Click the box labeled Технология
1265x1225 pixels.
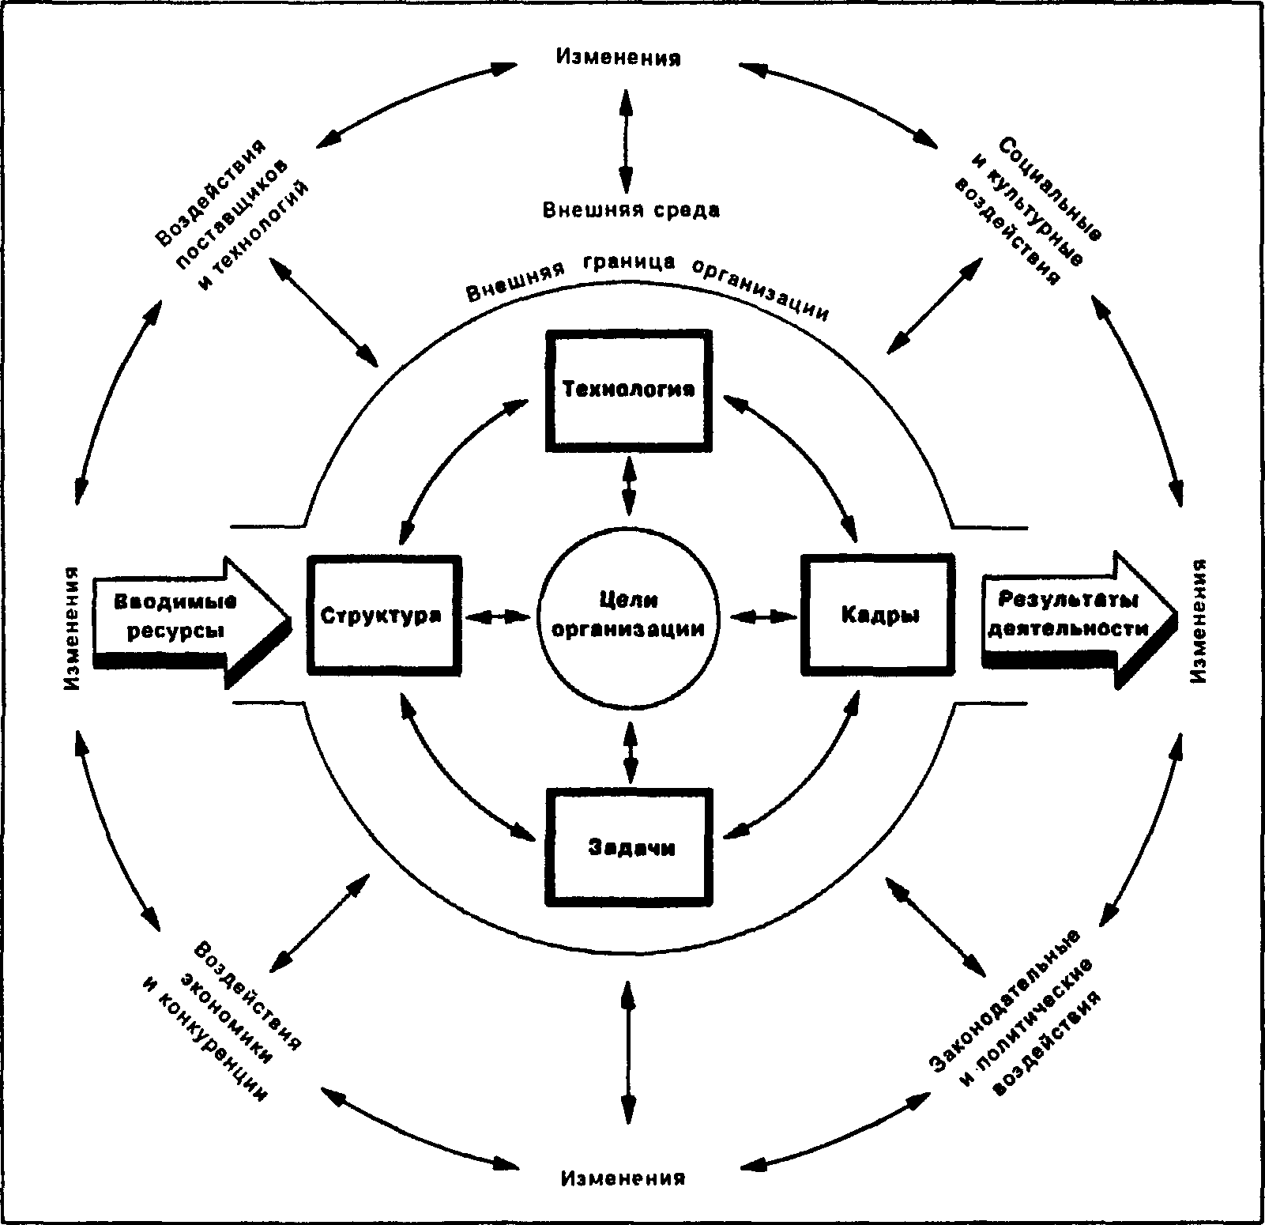(628, 391)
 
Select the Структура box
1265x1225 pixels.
(384, 615)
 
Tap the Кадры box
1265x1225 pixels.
(879, 615)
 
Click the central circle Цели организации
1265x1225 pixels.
(629, 615)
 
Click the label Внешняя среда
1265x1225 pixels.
(631, 210)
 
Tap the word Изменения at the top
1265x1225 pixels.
(619, 58)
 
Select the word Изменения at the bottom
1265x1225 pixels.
(623, 1179)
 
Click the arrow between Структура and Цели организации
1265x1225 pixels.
(499, 615)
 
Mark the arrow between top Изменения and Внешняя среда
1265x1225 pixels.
(626, 141)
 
